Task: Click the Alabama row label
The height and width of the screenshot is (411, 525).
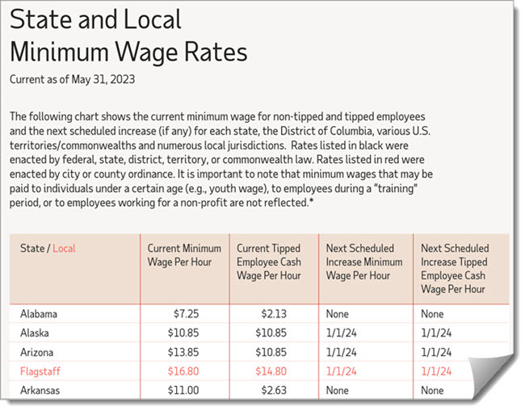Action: coord(40,313)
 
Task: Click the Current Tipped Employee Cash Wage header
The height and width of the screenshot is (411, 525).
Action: coord(271,262)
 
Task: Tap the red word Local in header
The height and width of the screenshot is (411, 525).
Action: coord(64,249)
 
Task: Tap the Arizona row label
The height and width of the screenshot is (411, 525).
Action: coord(38,351)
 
